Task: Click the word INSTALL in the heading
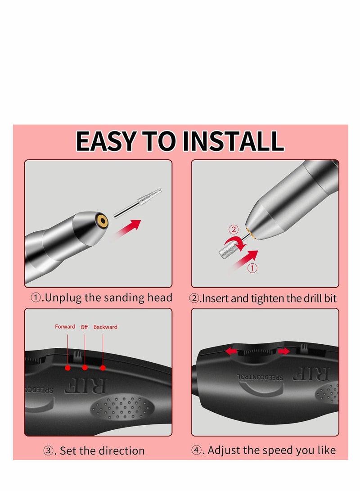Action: tap(233, 141)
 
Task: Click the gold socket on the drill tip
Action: tap(102, 221)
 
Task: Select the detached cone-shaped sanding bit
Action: tap(138, 203)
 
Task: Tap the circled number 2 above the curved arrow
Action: tap(234, 230)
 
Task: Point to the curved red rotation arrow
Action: tap(235, 243)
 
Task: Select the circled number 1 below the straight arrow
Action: tap(252, 268)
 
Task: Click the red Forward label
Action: tap(65, 327)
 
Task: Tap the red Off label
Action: tap(84, 327)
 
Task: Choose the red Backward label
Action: tap(105, 327)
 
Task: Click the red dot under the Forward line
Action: tap(67, 368)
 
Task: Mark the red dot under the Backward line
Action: tap(103, 368)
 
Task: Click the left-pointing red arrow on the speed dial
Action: tap(231, 351)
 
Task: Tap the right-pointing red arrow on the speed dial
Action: tap(283, 351)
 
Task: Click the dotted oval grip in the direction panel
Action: tap(122, 407)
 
